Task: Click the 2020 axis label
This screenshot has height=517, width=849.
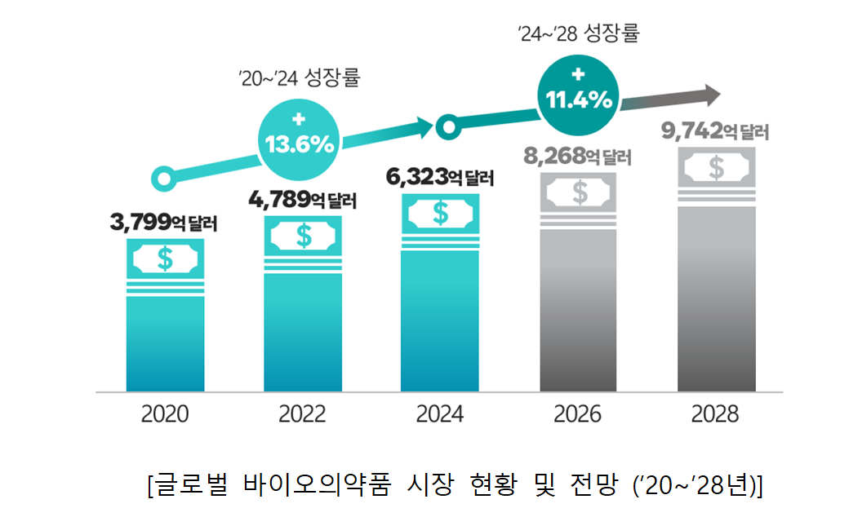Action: coord(165,414)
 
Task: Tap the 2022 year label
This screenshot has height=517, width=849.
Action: coord(302,414)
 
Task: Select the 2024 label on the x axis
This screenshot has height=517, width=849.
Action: coord(440,414)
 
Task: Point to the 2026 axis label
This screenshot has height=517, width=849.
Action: coord(577,414)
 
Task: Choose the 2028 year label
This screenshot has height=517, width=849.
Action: coord(715,414)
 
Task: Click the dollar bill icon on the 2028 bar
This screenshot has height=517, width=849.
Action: coord(716,168)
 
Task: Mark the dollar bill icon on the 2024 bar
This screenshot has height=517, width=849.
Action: coord(440,214)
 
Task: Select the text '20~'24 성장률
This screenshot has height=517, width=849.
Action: coord(299,79)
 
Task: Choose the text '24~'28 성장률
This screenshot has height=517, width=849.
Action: coord(578,34)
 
